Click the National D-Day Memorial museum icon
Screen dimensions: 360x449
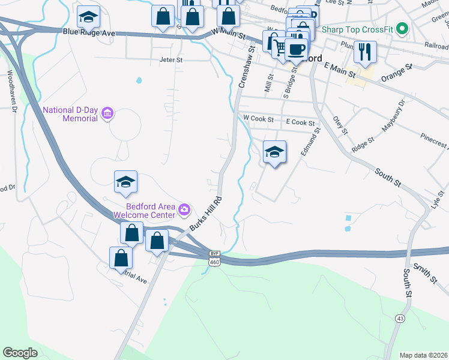click(x=108, y=113)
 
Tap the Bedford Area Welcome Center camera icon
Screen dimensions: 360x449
click(x=184, y=209)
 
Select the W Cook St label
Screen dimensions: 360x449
click(x=258, y=118)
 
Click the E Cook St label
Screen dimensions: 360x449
click(x=300, y=122)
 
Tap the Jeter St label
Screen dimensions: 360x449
click(x=170, y=60)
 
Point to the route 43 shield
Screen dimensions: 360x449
click(x=400, y=317)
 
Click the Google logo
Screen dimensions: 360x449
click(x=20, y=353)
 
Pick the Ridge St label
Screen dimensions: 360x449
click(x=363, y=144)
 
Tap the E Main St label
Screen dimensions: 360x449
click(x=339, y=70)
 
